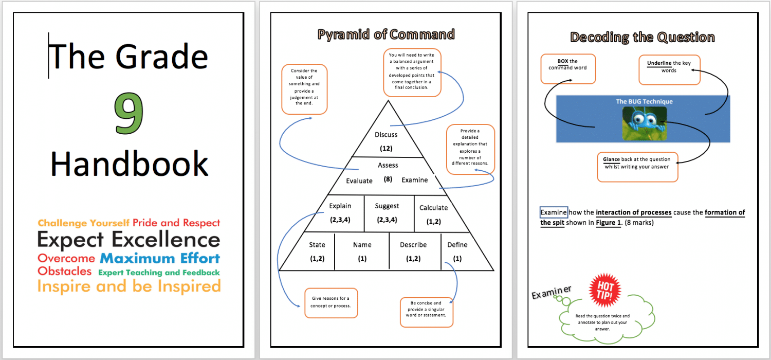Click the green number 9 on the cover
coord(128,115)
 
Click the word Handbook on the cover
coord(129,164)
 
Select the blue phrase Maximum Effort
coord(159,258)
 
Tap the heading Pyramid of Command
coord(386,34)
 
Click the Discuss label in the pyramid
coord(386,135)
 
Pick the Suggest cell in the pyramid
coord(387,212)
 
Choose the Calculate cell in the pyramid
coord(433,213)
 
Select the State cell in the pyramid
coord(317,251)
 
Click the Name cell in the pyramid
coord(362,251)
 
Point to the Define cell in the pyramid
coord(457,251)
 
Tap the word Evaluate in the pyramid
coord(359,181)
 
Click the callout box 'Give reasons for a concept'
coord(331,302)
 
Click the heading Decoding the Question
coord(642,37)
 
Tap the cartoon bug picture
coord(644,123)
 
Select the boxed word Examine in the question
coord(554,212)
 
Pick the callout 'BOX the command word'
coord(567,68)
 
